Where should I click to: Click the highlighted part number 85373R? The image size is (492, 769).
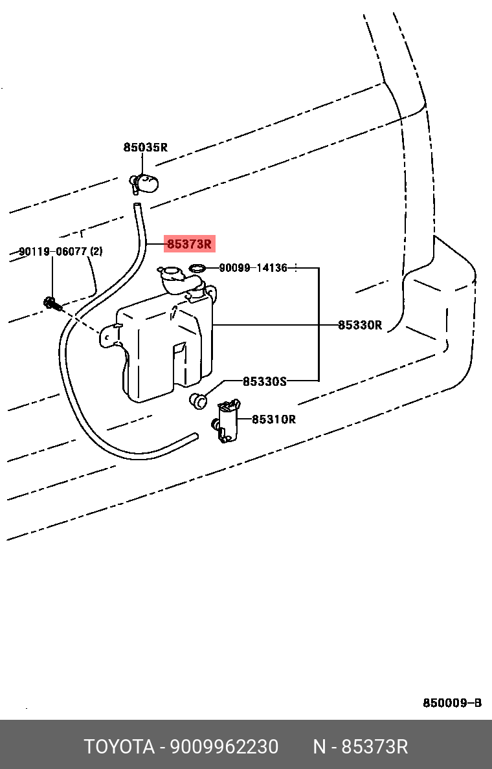pos(189,244)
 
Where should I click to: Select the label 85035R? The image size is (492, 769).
pos(146,148)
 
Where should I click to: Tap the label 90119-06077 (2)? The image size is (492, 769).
pos(60,251)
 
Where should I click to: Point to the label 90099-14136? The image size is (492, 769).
pos(253,267)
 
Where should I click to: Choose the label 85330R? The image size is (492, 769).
pos(360,325)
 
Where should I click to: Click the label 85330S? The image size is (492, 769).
pos(264,381)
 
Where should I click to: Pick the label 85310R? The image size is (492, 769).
pos(273,419)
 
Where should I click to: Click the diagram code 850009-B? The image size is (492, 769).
pos(452,703)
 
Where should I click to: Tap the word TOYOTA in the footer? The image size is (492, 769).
pos(119,747)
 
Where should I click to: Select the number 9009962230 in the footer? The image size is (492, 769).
pos(224,747)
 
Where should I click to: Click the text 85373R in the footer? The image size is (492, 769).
pos(374,747)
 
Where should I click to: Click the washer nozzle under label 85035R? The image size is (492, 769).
pos(146,183)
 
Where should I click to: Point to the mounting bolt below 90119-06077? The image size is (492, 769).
pos(50,302)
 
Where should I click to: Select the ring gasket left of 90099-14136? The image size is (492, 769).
pos(197,267)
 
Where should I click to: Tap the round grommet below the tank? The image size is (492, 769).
pos(198,400)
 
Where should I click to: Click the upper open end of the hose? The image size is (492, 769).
pos(137,207)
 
